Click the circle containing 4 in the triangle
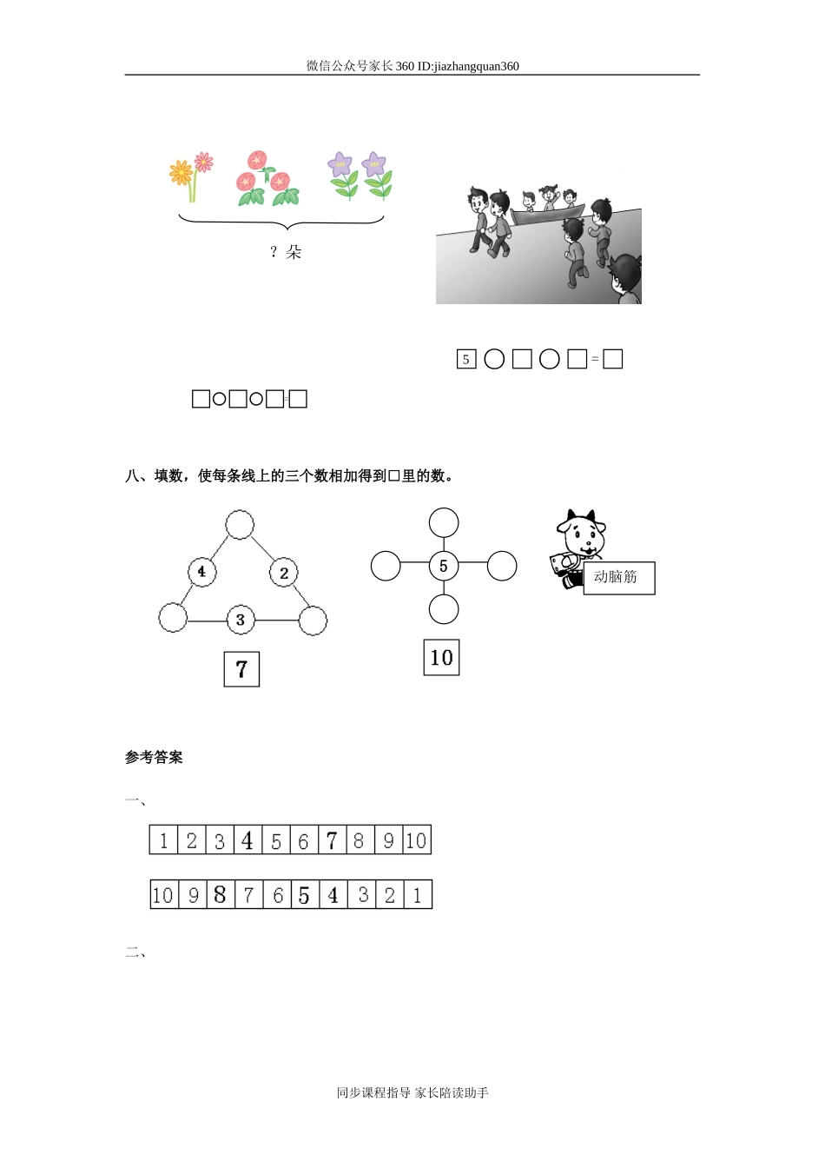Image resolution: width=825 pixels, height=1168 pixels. click(x=201, y=572)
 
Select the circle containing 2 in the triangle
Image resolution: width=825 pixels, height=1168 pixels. click(x=284, y=573)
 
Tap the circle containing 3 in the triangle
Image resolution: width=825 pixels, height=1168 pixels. click(x=241, y=620)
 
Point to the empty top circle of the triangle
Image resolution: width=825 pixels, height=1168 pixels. click(x=240, y=525)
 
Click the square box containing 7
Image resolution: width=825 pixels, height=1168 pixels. click(x=241, y=669)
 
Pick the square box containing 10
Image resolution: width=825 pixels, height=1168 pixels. click(x=441, y=658)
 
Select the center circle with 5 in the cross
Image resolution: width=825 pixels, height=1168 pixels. click(x=444, y=567)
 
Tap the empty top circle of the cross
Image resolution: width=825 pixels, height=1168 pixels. click(x=444, y=523)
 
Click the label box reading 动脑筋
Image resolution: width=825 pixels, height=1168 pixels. click(x=618, y=578)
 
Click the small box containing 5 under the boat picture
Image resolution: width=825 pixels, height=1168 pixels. click(x=466, y=359)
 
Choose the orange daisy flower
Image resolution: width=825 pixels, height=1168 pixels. click(x=181, y=173)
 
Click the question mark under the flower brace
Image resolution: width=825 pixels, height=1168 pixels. click(x=273, y=252)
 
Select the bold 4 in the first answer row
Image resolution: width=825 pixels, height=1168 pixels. click(x=247, y=840)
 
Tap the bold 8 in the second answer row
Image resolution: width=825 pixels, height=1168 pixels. click(x=220, y=895)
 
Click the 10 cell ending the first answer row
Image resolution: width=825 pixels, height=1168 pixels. click(x=417, y=840)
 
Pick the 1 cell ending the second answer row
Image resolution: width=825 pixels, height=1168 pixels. click(x=418, y=895)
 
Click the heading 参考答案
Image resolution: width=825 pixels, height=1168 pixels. click(x=154, y=758)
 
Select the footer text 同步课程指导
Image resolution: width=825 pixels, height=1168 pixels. click(x=373, y=1092)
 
